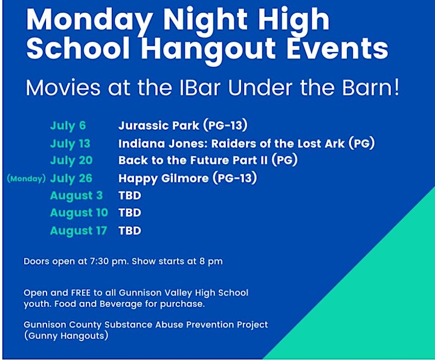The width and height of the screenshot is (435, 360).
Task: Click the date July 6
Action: tap(68, 126)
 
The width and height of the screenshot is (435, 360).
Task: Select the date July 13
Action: tap(70, 144)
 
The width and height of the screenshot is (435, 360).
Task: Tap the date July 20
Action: tap(71, 161)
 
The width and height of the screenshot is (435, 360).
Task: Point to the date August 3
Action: tap(76, 196)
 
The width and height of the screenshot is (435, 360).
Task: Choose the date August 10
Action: tap(79, 213)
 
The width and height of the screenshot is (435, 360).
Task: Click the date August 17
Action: tap(79, 231)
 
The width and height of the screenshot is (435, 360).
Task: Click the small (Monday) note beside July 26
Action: tap(26, 178)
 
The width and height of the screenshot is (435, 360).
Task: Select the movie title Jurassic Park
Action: tap(159, 126)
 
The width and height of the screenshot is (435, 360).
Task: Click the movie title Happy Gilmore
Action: tap(163, 179)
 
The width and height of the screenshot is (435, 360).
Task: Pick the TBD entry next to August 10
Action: tap(130, 213)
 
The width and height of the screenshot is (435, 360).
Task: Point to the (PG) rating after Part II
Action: tap(285, 160)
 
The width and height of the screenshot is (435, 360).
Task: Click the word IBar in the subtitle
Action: tap(200, 88)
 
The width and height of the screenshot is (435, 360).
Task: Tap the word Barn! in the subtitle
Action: tap(370, 88)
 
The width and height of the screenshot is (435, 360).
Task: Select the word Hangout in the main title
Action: tap(208, 50)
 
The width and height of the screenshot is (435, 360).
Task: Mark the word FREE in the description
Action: tap(81, 293)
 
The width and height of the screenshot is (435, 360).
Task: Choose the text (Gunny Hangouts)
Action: tap(66, 336)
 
